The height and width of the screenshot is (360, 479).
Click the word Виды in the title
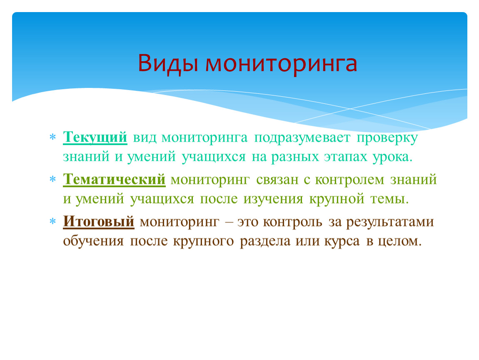coord(167,63)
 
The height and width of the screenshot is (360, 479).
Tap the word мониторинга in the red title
coord(281,65)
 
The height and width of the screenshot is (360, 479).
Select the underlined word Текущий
coord(95,138)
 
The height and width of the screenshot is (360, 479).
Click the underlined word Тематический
coord(114,180)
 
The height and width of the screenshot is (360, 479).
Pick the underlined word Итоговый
coord(98,222)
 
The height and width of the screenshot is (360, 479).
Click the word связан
coord(277,180)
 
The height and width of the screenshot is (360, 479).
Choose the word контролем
coord(349,180)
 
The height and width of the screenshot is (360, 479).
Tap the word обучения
coord(93,241)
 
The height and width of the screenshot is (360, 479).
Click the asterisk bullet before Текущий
coord(52,137)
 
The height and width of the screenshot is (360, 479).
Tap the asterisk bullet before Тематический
coord(52,179)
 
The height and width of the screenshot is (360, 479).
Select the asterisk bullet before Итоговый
coord(52,221)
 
